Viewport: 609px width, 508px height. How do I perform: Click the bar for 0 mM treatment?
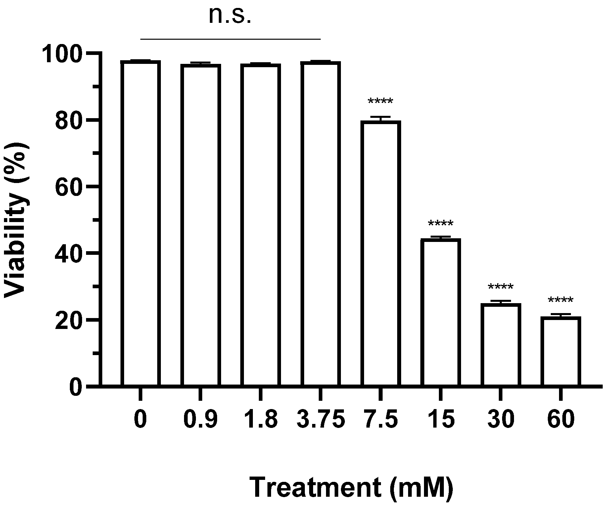click(141, 223)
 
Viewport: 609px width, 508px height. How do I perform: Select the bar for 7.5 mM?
click(381, 253)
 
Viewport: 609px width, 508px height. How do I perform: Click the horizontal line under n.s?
click(230, 39)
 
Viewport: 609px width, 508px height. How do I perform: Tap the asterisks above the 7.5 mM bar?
click(381, 101)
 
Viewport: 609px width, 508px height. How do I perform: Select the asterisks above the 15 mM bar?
click(441, 224)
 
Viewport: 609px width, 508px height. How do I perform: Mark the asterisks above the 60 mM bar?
click(561, 301)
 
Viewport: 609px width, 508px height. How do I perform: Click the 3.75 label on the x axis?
click(321, 420)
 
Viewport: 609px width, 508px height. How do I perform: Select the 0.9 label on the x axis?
click(201, 420)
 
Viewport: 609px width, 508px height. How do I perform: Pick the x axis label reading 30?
click(501, 420)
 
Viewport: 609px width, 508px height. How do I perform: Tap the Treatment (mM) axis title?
click(351, 488)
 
